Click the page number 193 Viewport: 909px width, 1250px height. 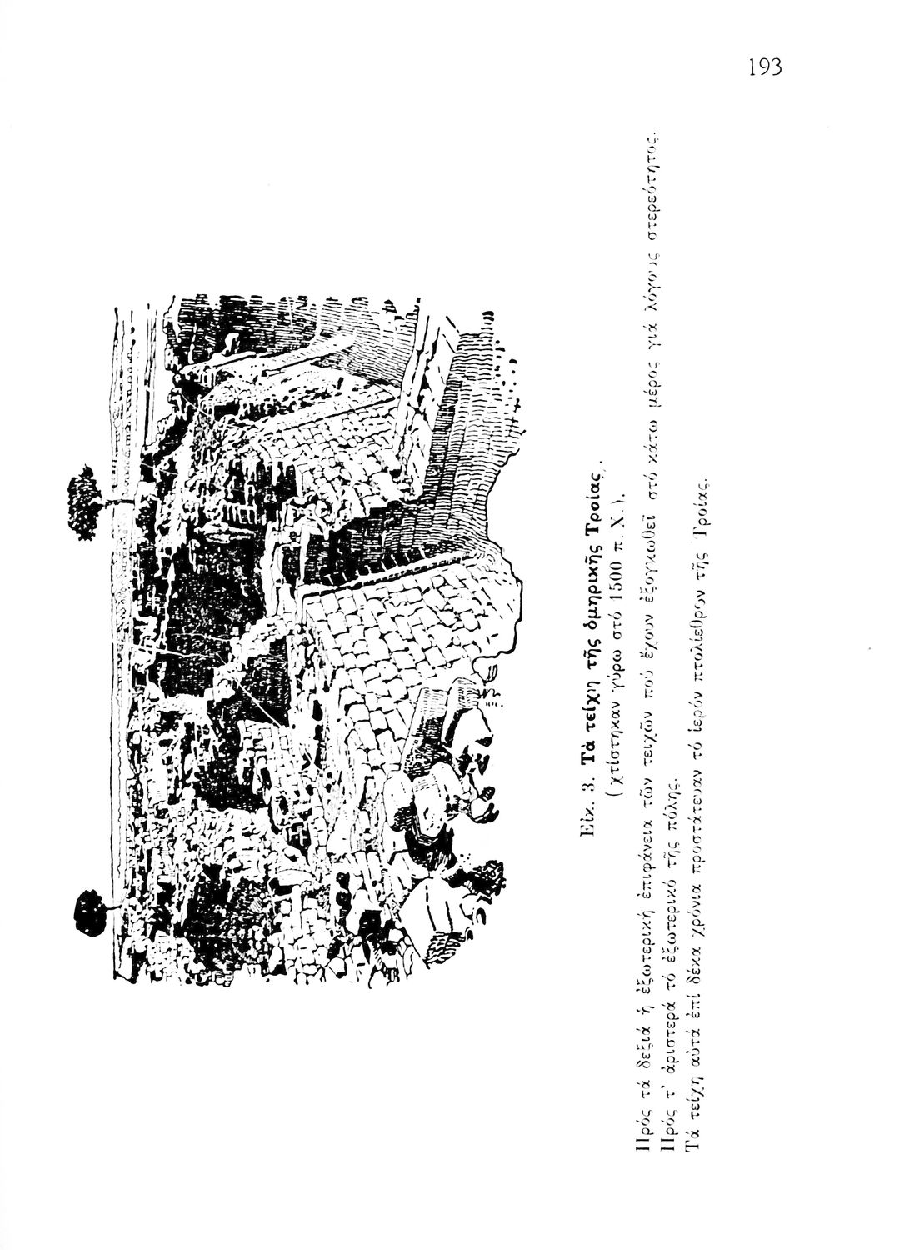(x=765, y=66)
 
